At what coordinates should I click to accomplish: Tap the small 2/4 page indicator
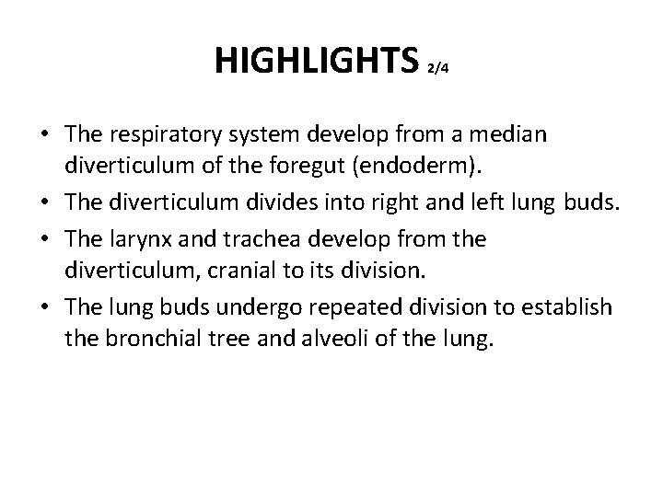pos(438,68)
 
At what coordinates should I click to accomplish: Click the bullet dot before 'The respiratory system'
pos(45,136)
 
